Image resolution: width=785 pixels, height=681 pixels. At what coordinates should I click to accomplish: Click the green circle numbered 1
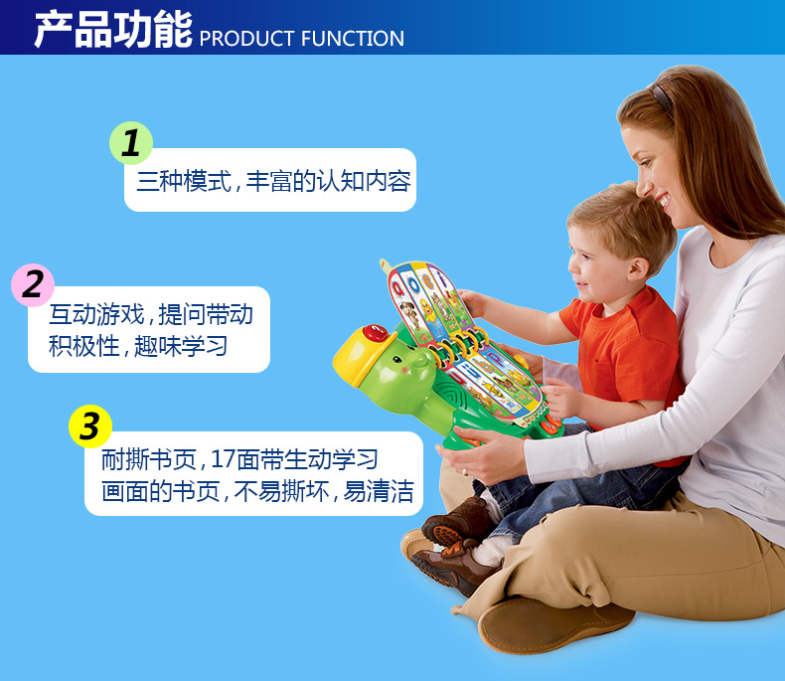[131, 143]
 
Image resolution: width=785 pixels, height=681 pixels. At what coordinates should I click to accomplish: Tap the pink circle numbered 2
[33, 285]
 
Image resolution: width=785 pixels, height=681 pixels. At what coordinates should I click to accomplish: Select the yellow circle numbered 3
[90, 426]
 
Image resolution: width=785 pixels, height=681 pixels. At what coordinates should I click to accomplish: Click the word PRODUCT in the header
[246, 39]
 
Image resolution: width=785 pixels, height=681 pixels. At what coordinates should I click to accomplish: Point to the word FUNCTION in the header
[353, 39]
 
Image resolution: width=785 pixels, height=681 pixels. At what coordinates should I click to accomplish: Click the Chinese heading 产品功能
[113, 30]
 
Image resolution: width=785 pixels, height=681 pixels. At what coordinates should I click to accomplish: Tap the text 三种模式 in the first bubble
[184, 181]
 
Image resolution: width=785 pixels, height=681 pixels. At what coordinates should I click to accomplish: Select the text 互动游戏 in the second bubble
[96, 314]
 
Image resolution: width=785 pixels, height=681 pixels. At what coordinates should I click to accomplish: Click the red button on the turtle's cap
[375, 332]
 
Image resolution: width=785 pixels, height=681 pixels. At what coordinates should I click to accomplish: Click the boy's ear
[638, 268]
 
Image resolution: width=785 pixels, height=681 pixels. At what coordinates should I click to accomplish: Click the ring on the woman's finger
[465, 471]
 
